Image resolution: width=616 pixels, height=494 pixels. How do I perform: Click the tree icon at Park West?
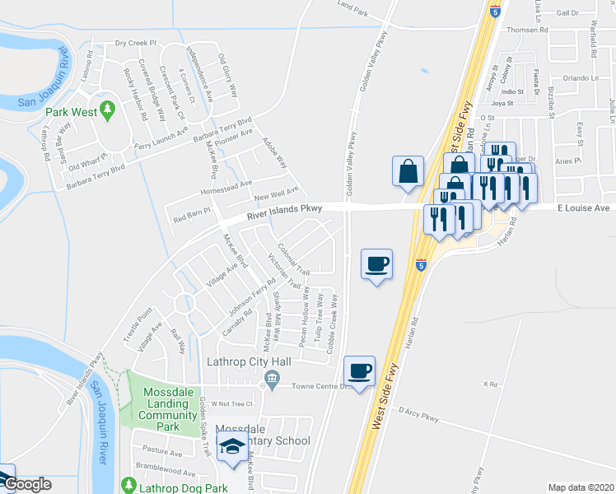(x=107, y=110)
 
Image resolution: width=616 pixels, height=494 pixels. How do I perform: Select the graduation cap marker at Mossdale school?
(x=232, y=446)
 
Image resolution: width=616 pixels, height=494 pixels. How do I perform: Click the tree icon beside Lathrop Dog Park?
(x=128, y=485)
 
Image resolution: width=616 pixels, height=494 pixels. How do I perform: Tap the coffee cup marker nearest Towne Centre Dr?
(x=359, y=371)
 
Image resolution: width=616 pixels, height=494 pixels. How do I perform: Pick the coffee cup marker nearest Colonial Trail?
(x=377, y=263)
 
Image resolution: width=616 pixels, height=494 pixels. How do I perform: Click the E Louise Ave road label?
(x=580, y=208)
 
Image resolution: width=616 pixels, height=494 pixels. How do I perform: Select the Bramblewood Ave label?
(x=167, y=474)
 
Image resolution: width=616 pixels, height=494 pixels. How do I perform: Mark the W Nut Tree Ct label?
(x=230, y=403)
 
